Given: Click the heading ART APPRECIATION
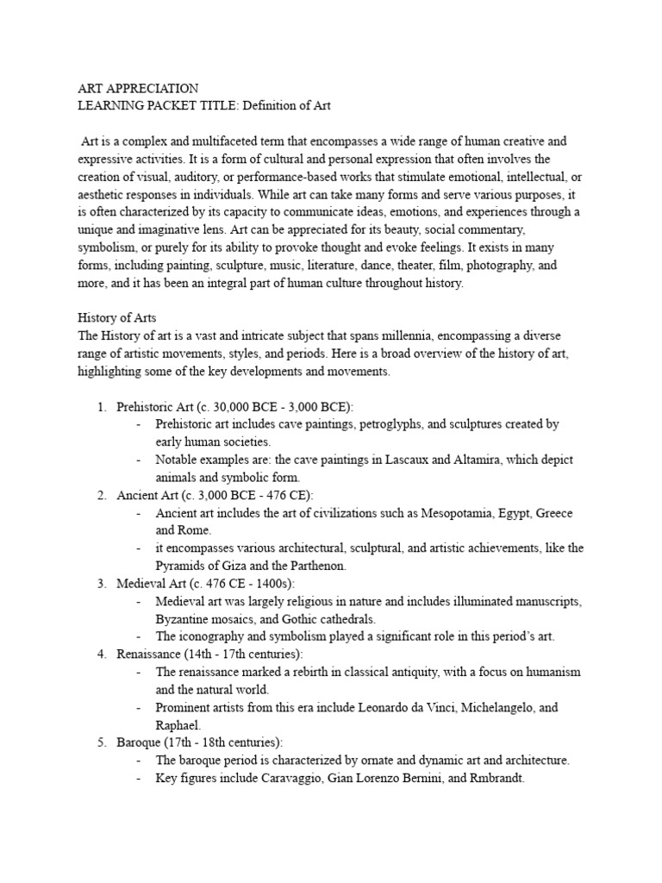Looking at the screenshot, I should (x=138, y=89).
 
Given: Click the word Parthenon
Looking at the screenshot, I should (x=316, y=566).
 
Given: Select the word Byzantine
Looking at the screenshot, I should (x=186, y=619).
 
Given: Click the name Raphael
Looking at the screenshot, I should (x=179, y=725).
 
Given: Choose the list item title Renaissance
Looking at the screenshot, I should (x=149, y=654).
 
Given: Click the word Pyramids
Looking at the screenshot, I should (x=182, y=566).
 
